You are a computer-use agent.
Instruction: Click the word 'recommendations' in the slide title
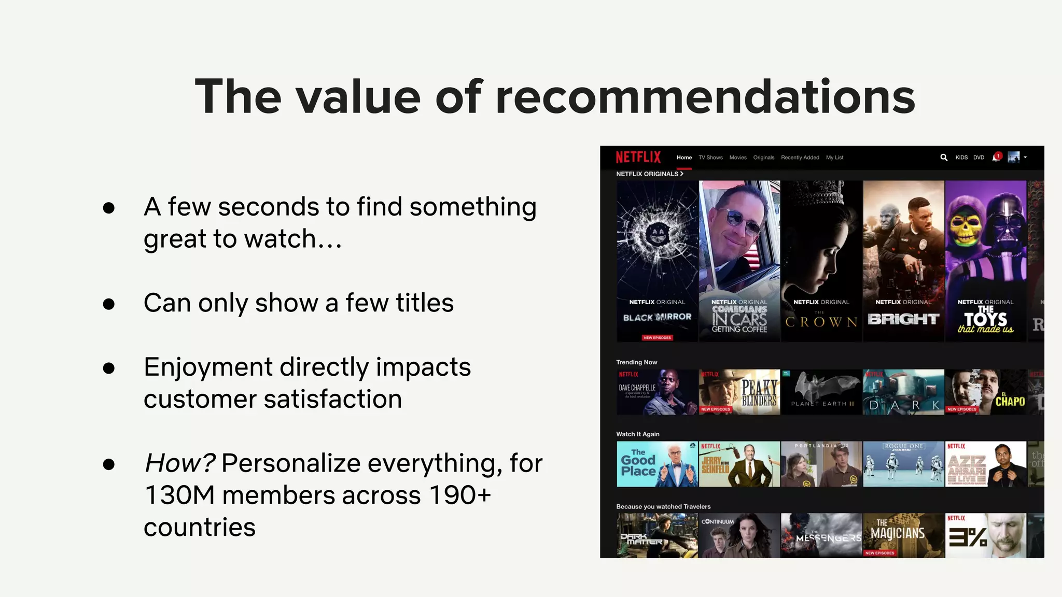click(x=705, y=97)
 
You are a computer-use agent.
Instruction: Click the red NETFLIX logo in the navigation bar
click(x=638, y=157)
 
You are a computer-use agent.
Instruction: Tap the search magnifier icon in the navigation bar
click(x=944, y=158)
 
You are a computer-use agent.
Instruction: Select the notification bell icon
click(x=996, y=158)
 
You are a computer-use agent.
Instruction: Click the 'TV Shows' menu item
click(x=710, y=158)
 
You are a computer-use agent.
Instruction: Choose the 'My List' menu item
click(x=834, y=158)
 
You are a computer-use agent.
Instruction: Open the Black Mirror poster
click(x=657, y=261)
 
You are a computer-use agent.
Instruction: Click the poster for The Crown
click(x=821, y=261)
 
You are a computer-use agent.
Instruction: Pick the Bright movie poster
click(x=903, y=261)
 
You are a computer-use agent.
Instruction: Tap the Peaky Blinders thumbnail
click(x=739, y=392)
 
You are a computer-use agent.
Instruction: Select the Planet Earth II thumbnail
click(x=821, y=392)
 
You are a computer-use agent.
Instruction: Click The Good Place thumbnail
click(x=657, y=464)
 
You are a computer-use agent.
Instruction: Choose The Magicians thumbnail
click(x=903, y=535)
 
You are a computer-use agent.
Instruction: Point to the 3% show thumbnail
click(x=985, y=535)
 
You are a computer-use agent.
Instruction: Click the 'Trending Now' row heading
click(x=636, y=362)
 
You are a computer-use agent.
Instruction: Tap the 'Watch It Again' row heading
click(x=637, y=434)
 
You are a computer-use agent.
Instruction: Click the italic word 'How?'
click(x=179, y=463)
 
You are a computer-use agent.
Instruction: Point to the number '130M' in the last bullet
click(x=179, y=495)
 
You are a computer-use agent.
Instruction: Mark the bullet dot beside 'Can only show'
click(x=109, y=304)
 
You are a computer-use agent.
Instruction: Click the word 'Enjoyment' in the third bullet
click(x=207, y=367)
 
